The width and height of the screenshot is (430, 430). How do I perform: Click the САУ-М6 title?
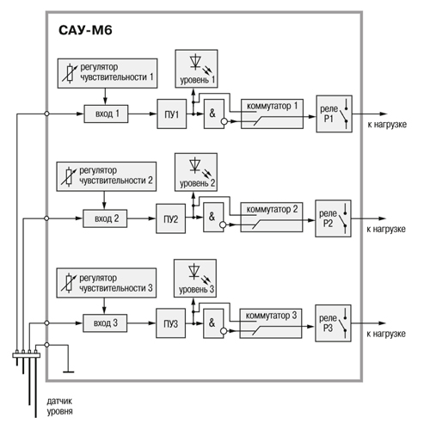[85, 30]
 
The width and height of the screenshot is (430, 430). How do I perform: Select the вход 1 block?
[106, 114]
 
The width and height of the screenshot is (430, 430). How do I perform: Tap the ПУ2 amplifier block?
[171, 218]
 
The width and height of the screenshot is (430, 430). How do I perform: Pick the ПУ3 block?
[171, 323]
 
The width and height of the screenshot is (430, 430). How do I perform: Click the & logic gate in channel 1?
[214, 114]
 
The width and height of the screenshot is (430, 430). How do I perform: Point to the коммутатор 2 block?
[272, 217]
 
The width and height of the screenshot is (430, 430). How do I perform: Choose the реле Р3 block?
[333, 323]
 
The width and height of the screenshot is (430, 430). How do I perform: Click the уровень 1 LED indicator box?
[196, 69]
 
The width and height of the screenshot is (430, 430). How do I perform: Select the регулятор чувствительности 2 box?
[107, 176]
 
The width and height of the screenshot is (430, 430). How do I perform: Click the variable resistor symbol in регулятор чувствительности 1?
[70, 74]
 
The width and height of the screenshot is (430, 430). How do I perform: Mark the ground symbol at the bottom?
[68, 372]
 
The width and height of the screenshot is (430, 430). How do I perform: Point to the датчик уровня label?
[59, 406]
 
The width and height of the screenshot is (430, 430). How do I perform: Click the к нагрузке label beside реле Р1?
[387, 125]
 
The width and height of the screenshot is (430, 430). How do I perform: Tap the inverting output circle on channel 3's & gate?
[224, 331]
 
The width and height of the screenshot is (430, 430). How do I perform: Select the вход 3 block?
[105, 323]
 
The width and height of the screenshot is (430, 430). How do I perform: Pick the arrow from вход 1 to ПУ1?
[143, 114]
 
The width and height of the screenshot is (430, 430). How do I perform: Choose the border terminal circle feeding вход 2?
[46, 218]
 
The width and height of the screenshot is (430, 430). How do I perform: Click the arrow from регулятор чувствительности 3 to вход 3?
[104, 306]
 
